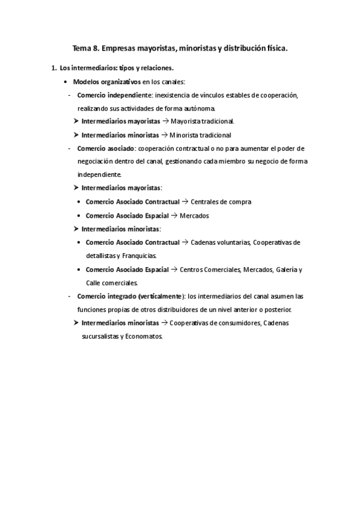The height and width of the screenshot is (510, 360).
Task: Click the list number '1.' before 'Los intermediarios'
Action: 54,68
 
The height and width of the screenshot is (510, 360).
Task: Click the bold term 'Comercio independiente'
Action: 115,95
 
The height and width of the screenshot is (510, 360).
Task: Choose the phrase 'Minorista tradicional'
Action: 200,135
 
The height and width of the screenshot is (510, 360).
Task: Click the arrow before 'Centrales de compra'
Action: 185,201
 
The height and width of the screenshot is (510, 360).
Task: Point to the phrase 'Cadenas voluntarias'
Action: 219,242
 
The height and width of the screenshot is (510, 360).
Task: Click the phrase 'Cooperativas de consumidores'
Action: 213,323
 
